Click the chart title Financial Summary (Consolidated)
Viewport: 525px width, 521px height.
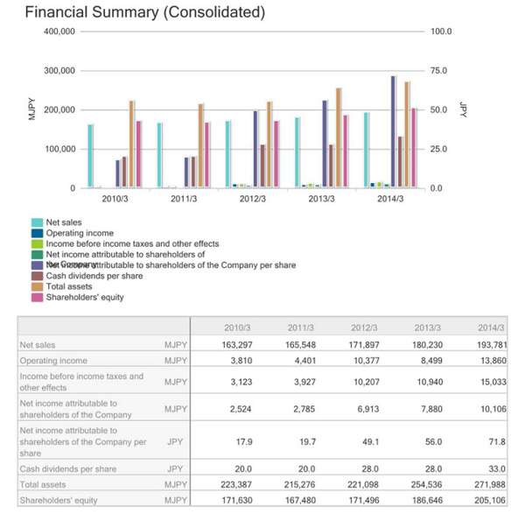pyautogui.click(x=144, y=12)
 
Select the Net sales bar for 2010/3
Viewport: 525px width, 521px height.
pyautogui.click(x=91, y=156)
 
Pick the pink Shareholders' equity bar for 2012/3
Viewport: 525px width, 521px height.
pyautogui.click(x=276, y=154)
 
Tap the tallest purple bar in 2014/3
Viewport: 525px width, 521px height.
pyautogui.click(x=393, y=131)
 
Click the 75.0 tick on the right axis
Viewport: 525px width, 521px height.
pyautogui.click(x=439, y=70)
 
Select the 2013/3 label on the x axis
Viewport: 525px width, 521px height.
pyautogui.click(x=322, y=199)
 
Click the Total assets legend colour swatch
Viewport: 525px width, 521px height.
pyautogui.click(x=38, y=286)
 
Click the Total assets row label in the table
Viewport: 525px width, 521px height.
pyautogui.click(x=43, y=484)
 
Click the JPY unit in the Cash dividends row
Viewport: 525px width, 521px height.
pyautogui.click(x=175, y=468)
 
